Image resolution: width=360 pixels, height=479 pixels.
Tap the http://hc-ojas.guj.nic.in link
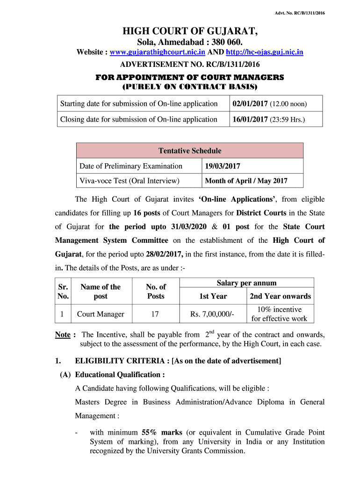coord(264,52)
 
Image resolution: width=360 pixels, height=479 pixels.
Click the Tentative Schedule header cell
coord(190,151)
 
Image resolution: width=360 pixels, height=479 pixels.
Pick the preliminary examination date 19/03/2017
coord(223,166)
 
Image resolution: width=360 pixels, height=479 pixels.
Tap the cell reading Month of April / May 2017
coord(246,181)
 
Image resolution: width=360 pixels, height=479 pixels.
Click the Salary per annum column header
coord(246,283)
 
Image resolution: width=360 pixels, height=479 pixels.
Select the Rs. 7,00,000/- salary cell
coord(213,314)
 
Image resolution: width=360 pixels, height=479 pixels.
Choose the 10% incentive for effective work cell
coord(279,314)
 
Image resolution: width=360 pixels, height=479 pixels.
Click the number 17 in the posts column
coord(155,314)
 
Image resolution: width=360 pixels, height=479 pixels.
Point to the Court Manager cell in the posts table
coord(101,314)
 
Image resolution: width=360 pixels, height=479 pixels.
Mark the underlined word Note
coord(63,335)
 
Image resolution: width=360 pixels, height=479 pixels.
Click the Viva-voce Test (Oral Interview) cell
coord(130,181)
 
